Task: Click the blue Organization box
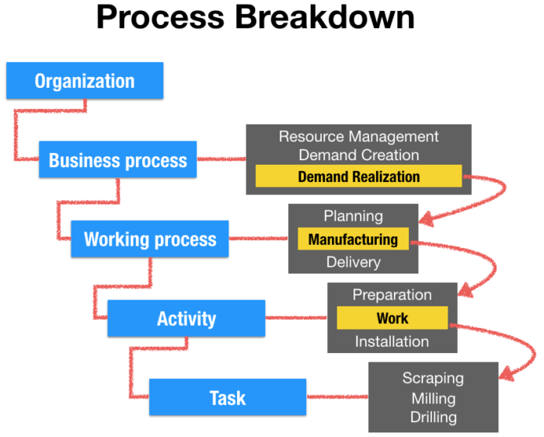[x=85, y=81]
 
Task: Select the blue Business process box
[x=117, y=160]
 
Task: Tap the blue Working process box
[x=150, y=239]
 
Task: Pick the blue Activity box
[x=186, y=319]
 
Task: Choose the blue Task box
[x=227, y=398]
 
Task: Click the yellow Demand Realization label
[x=358, y=177]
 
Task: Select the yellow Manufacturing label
[x=353, y=239]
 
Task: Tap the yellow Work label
[x=392, y=318]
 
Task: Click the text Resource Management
[x=358, y=137]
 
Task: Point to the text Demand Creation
[x=358, y=156]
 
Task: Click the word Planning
[x=353, y=216]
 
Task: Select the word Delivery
[x=353, y=262]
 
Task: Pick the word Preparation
[x=392, y=295]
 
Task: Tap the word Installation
[x=392, y=341]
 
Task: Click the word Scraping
[x=433, y=379]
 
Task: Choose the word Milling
[x=433, y=398]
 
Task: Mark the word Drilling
[x=433, y=418]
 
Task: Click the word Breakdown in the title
[x=326, y=19]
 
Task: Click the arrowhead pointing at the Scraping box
[x=506, y=375]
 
